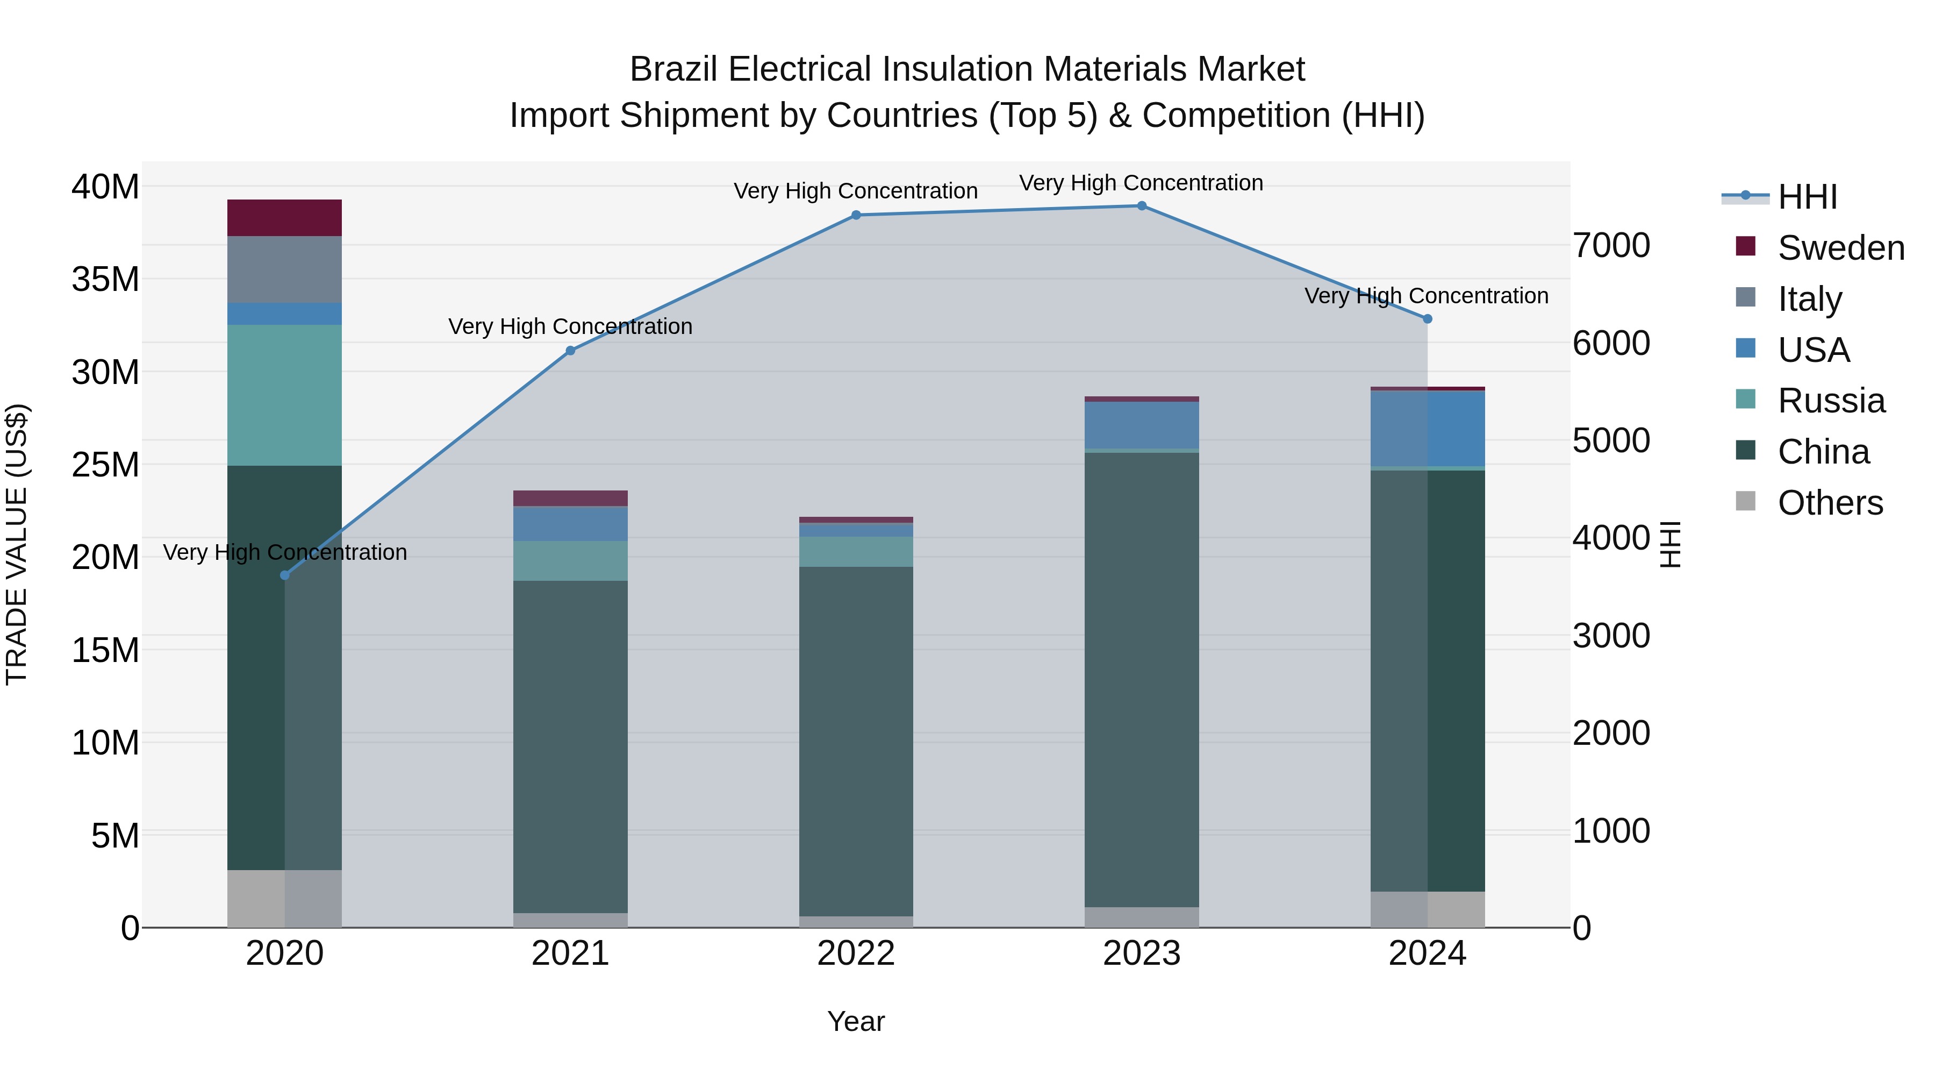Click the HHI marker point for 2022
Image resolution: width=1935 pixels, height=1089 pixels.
[x=856, y=215]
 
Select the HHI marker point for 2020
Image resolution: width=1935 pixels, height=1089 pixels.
[x=285, y=575]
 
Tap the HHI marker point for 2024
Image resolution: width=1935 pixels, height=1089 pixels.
[x=1427, y=319]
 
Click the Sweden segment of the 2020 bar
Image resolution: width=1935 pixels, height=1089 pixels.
[x=285, y=218]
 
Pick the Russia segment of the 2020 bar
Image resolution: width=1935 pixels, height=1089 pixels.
[x=285, y=395]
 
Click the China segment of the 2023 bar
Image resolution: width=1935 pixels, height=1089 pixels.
[x=1141, y=677]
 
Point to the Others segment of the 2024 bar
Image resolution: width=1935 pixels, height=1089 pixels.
[x=1427, y=909]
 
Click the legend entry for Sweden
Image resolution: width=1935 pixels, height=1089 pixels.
[x=1840, y=248]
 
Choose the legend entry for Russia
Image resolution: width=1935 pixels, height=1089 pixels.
[x=1831, y=401]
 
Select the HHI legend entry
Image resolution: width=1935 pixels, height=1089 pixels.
[x=1807, y=197]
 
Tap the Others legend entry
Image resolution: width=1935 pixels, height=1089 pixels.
[x=1829, y=503]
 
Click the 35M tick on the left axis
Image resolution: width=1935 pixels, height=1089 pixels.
[x=105, y=279]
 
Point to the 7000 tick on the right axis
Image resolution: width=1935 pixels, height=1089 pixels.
[x=1611, y=246]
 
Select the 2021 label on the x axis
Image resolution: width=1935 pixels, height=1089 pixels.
[x=570, y=953]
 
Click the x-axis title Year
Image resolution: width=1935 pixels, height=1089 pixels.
[x=856, y=1021]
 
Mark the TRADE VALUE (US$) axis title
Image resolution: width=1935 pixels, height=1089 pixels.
[x=17, y=544]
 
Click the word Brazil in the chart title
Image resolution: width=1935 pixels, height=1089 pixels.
[x=674, y=69]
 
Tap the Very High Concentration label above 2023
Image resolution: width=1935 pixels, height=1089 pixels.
[x=1141, y=183]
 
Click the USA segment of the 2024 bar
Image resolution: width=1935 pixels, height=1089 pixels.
[x=1427, y=429]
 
